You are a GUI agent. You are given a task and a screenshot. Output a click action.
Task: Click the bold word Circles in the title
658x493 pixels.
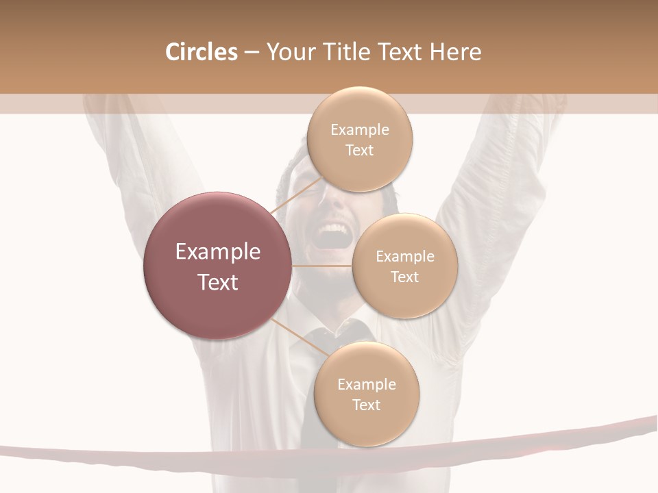201,52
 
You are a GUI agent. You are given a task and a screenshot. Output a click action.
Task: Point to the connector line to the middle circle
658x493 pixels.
322,266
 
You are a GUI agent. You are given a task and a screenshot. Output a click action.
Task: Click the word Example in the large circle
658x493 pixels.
218,252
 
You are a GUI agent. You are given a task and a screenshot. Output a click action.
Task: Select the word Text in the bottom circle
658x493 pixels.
366,405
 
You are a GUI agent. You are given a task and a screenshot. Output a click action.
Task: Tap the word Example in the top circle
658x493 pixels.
360,130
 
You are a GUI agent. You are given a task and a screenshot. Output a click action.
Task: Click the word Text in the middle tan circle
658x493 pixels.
404,277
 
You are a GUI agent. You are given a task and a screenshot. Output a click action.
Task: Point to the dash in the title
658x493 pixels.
252,53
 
